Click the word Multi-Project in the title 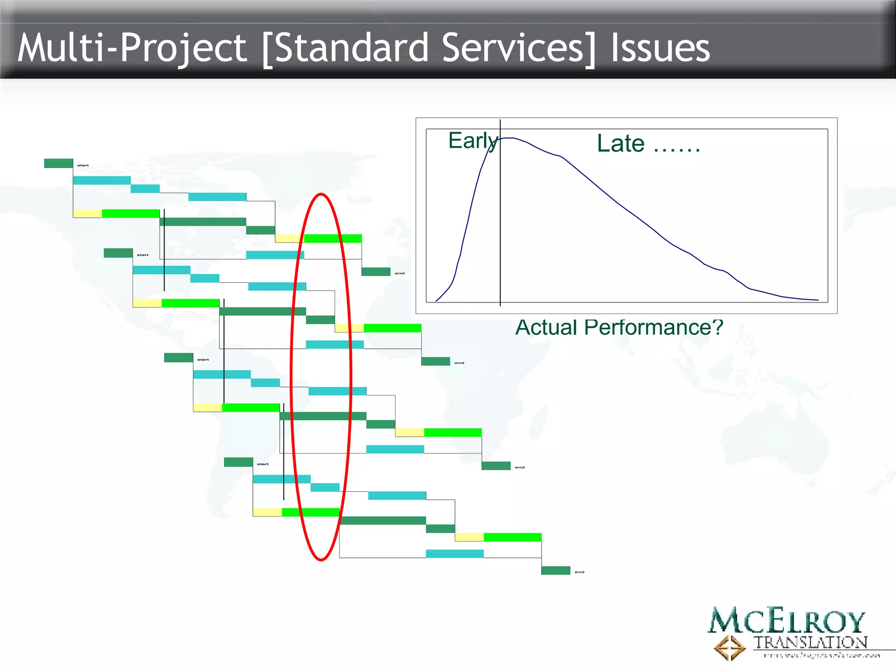[131, 48]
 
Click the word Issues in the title [660, 48]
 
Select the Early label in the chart [472, 141]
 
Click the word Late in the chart [620, 143]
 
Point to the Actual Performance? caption [619, 327]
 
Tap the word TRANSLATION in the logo [810, 642]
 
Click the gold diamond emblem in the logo [729, 647]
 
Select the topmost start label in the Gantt [83, 165]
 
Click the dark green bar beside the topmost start [59, 163]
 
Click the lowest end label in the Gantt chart [579, 572]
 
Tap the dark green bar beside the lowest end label [556, 570]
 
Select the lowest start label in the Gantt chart [262, 464]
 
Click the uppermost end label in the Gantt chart [399, 273]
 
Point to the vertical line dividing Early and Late [500, 219]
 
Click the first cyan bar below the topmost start [101, 180]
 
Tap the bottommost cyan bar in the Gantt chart [455, 553]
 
